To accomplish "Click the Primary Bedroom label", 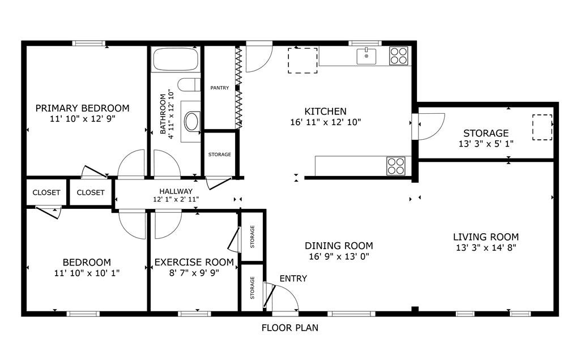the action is (83, 108).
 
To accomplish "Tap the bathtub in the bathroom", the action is (176, 59).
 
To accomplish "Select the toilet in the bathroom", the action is (189, 85).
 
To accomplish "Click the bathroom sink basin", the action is (191, 121).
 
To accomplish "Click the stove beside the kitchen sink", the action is (398, 56).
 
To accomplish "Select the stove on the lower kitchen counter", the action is (396, 166).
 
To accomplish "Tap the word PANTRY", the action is (220, 88).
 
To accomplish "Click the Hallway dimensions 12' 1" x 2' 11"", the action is (176, 199).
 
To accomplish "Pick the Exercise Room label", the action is (194, 263).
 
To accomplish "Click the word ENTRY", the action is (293, 278).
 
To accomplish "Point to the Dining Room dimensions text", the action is (339, 256).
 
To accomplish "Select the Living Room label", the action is (486, 237).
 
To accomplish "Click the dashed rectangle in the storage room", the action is (542, 127).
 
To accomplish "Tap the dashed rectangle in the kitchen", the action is (302, 60).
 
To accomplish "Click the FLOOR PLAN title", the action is (290, 328).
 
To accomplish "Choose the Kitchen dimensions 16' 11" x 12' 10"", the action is (326, 122).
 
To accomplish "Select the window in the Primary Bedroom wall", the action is (89, 43).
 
